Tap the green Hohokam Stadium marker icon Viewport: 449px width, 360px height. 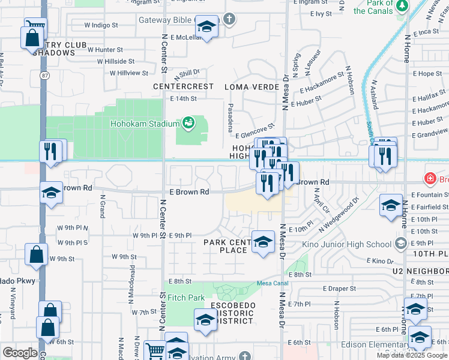click(x=188, y=123)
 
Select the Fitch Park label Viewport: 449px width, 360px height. click(x=186, y=298)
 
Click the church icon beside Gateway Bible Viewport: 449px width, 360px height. click(x=228, y=20)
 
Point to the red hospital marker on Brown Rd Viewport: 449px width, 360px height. click(x=430, y=178)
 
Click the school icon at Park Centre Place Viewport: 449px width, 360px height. click(x=262, y=242)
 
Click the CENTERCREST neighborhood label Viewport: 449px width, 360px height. click(x=183, y=86)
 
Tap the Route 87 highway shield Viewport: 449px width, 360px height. click(x=45, y=76)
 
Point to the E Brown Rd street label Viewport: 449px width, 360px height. click(x=188, y=192)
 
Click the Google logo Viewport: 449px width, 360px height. click(x=20, y=353)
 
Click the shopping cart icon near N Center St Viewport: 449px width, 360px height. click(x=155, y=350)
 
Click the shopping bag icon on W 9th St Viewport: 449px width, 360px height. click(x=36, y=254)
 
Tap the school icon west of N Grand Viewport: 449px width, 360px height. click(x=52, y=193)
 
